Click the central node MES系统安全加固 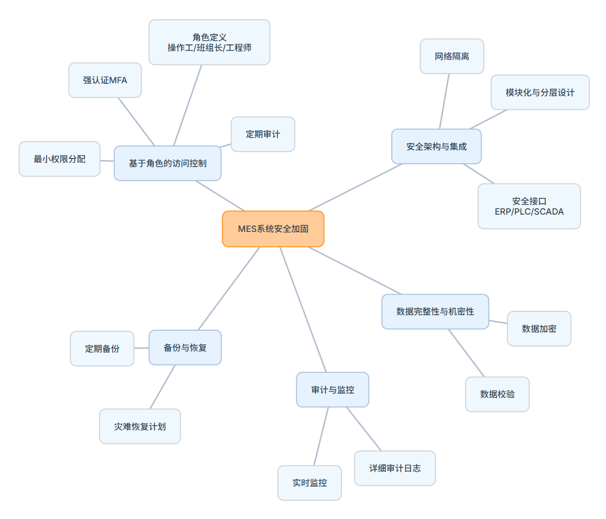coord(273,229)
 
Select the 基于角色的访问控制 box coord(168,163)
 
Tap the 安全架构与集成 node coord(436,147)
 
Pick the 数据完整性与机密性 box coord(435,311)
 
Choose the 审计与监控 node coord(332,390)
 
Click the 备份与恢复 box coord(185,348)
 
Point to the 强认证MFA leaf coord(105,80)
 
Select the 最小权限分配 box coord(60,159)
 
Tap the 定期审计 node coord(263,134)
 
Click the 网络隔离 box coord(452,56)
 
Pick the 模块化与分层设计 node coord(540,92)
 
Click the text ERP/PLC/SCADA coord(529,212)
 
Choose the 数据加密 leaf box coord(539,329)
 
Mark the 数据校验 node coord(497,394)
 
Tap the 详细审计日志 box coord(395,468)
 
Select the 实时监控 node coord(309,483)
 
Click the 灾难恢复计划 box coord(140,427)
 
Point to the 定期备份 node coord(102,349)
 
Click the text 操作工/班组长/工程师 coord(209,48)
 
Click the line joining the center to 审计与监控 coord(303,309)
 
